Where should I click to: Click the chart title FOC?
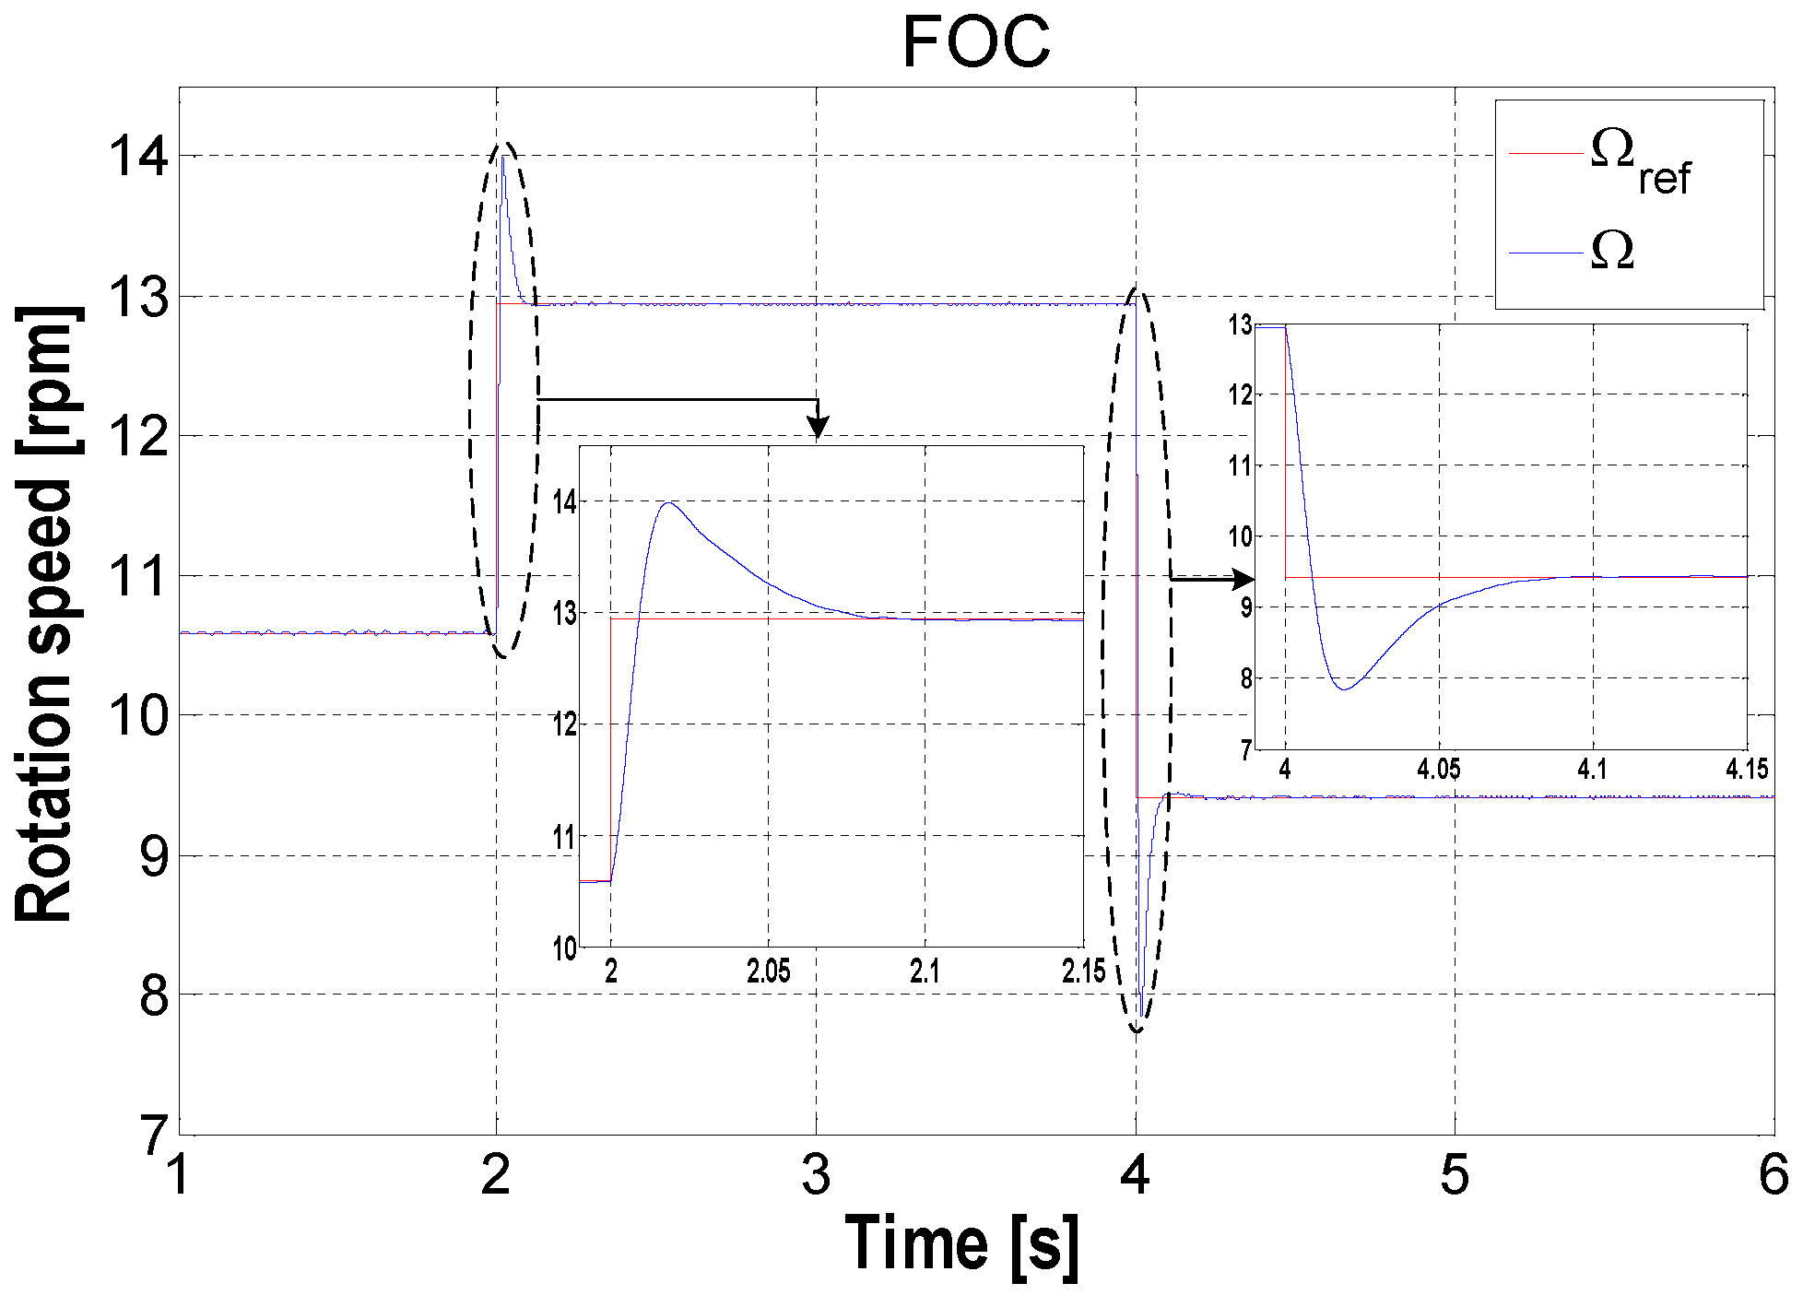[975, 42]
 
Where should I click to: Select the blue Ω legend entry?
[1612, 251]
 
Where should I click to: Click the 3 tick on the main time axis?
[816, 1176]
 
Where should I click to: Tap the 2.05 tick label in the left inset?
[768, 971]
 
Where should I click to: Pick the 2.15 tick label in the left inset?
[1082, 971]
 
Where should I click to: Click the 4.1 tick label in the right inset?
[1592, 770]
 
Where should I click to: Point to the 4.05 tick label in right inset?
[1438, 770]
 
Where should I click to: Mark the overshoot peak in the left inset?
[668, 503]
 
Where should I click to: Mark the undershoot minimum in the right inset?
[1346, 689]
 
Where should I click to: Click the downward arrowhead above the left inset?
[818, 427]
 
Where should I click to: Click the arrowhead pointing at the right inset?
[1243, 579]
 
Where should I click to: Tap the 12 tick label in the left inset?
[564, 724]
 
